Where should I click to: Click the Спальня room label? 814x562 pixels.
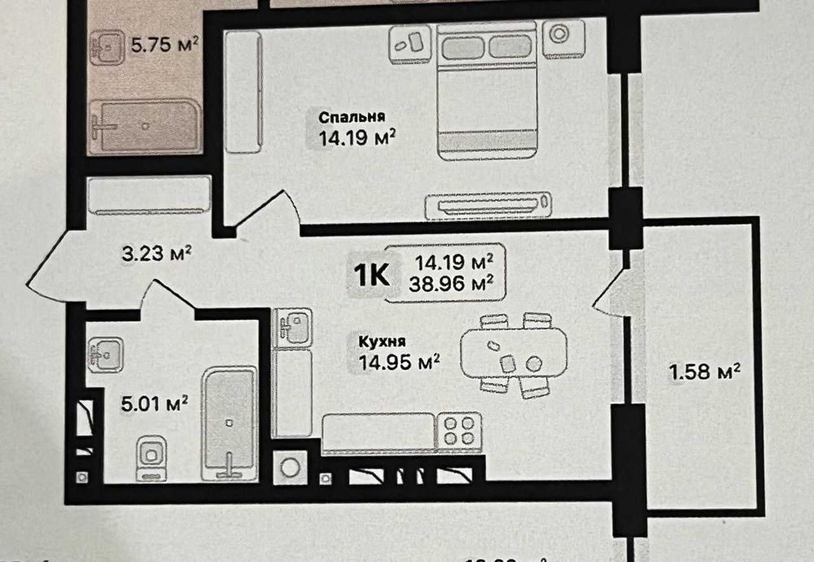(352, 116)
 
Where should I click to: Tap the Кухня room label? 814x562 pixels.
(379, 342)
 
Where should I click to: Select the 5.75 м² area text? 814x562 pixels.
(165, 45)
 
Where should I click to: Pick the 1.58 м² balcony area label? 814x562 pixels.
(704, 372)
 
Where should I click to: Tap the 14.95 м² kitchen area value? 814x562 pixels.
(400, 359)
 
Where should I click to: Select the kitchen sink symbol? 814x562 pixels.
(293, 327)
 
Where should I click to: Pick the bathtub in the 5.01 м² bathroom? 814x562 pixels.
(230, 421)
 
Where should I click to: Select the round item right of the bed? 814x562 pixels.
(558, 36)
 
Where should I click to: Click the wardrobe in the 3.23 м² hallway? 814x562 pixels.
(148, 197)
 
